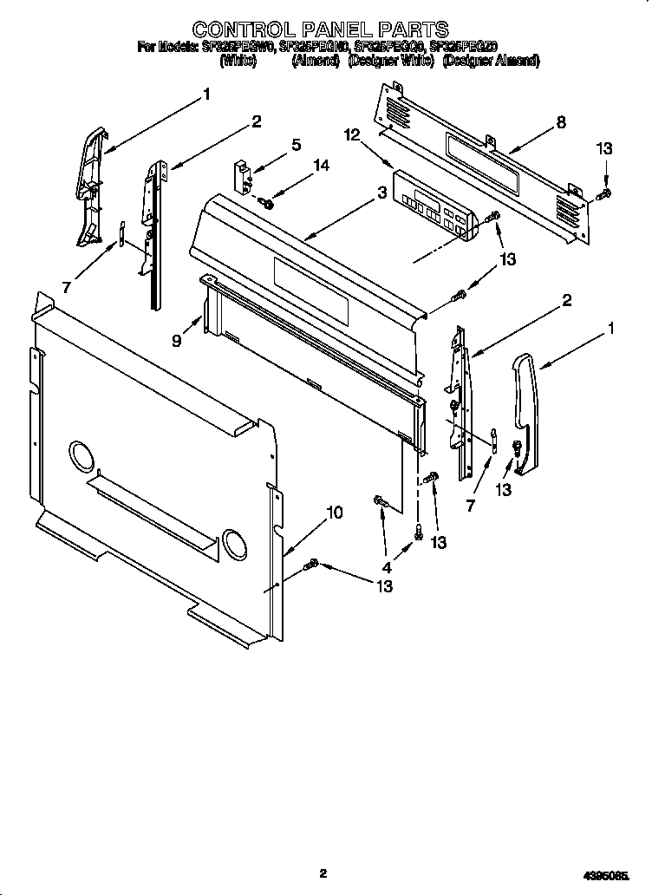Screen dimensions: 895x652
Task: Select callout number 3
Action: point(381,194)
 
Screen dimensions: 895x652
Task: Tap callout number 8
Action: point(561,122)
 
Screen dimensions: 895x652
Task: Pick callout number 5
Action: point(296,145)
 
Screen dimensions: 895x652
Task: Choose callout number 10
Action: point(334,513)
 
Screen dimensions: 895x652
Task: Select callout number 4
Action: point(387,567)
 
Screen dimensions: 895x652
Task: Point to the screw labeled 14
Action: point(267,203)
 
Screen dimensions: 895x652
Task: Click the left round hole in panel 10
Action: point(78,455)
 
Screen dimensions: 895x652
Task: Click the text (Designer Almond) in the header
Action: point(491,62)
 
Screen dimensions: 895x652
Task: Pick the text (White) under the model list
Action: point(238,62)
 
